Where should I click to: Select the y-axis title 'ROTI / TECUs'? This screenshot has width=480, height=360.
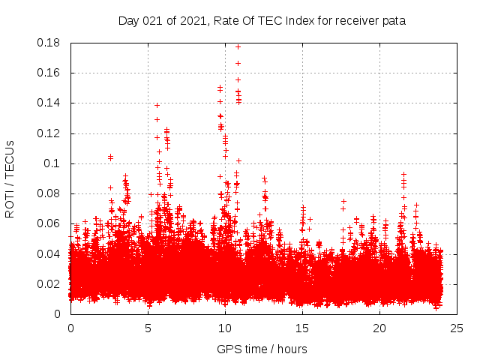pos(10,178)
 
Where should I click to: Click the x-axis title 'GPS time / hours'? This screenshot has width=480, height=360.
pos(262,349)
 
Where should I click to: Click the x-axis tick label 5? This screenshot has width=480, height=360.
pos(148,328)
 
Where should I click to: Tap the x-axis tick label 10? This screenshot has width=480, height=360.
pos(225,328)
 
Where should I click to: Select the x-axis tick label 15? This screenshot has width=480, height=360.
pos(302,328)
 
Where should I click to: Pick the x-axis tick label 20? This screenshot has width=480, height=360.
pos(379,328)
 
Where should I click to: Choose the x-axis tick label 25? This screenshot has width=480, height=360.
pos(457,328)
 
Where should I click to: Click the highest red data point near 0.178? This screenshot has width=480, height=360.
pos(238,46)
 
